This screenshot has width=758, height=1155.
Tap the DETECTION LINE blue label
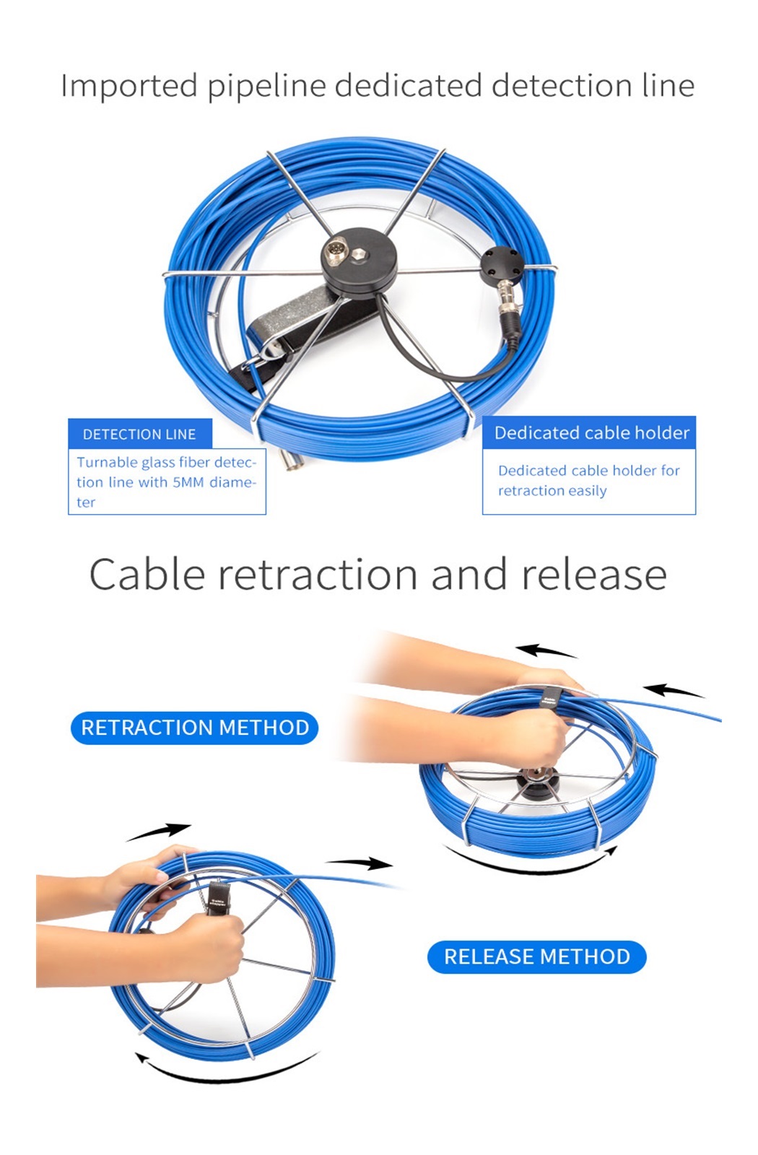tap(140, 434)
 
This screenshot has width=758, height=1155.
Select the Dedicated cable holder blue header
tap(589, 432)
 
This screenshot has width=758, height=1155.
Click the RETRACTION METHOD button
tap(194, 728)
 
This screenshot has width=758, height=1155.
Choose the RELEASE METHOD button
tap(537, 956)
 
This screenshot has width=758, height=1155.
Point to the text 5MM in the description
tap(188, 482)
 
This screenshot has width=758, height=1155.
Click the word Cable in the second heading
tap(147, 574)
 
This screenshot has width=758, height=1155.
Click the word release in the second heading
tap(594, 575)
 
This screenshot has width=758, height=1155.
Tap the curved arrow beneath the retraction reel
tap(531, 860)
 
